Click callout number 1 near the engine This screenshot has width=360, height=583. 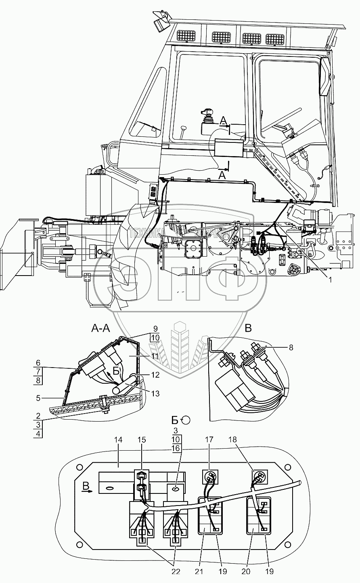(x=330, y=279)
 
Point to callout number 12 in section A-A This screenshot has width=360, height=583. (x=155, y=374)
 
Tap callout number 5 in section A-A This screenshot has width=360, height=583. (x=38, y=397)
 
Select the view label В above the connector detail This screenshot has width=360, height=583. (x=248, y=328)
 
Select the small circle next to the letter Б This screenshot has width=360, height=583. (x=185, y=420)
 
